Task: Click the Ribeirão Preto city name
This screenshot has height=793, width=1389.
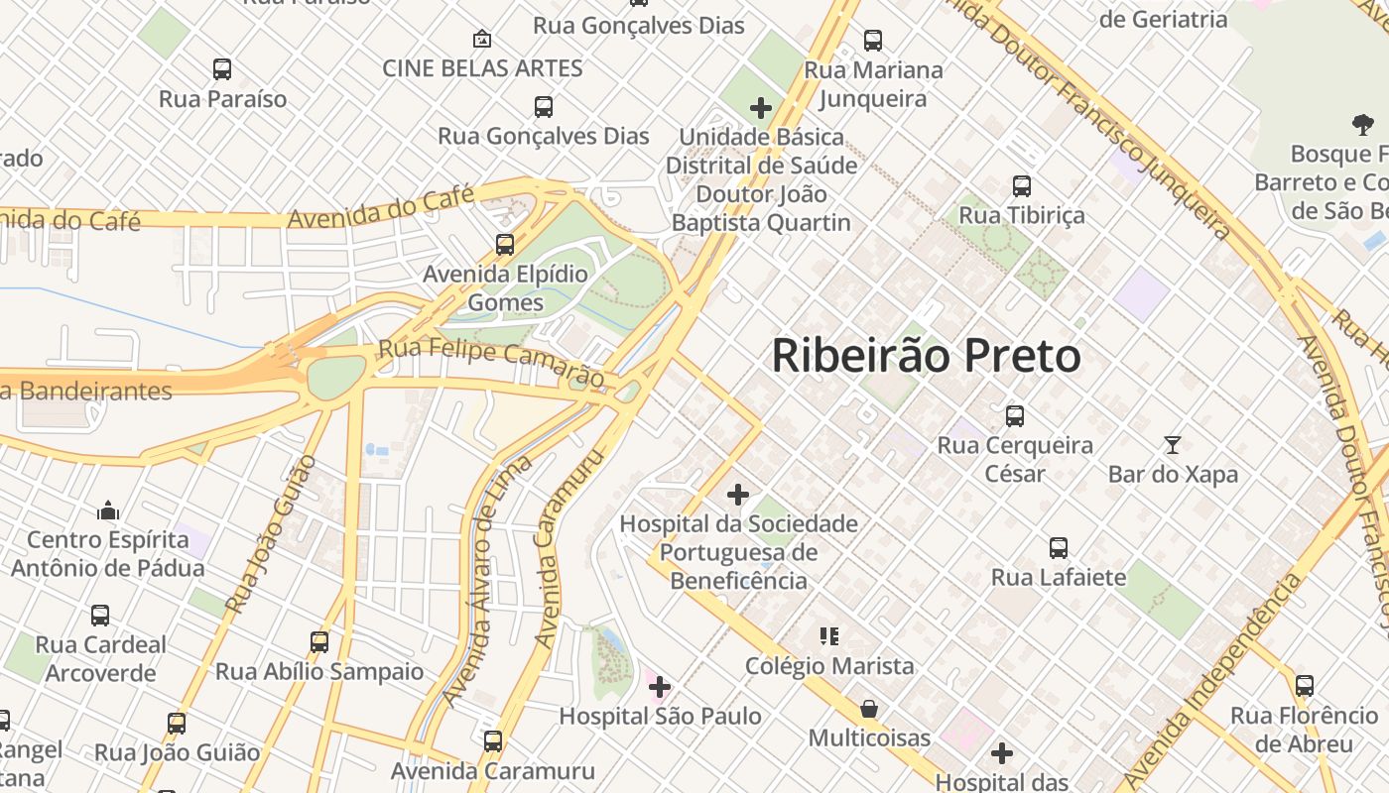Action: coord(926,356)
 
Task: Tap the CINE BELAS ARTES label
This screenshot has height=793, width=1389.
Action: coord(482,68)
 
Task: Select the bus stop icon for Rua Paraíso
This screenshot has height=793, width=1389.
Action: coord(222,69)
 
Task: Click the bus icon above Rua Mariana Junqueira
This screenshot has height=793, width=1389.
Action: coord(873,41)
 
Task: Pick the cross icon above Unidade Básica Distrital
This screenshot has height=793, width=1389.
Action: coord(761,107)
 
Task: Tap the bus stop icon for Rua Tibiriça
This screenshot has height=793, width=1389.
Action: coord(1022,185)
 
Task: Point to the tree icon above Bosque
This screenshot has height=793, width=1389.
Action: coord(1363,125)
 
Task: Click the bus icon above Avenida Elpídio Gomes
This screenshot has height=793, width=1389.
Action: coord(505,244)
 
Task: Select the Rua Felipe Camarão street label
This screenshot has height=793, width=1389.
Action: coord(491,363)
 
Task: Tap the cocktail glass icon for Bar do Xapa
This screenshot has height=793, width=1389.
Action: coord(1173,445)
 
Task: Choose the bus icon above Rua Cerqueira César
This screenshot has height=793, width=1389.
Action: coord(1015,416)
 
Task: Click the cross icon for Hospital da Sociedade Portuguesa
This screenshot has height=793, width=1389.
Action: coord(738,494)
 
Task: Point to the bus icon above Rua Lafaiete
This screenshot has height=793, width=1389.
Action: coord(1059,548)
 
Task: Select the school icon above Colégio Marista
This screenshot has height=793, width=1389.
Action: coord(829,636)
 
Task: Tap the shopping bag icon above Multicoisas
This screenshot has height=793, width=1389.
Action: coord(869,709)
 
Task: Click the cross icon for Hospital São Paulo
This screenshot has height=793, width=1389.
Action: coord(660,686)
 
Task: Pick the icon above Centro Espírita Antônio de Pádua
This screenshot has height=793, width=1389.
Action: coord(108,510)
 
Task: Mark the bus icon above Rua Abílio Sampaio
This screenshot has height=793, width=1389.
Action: coord(319,641)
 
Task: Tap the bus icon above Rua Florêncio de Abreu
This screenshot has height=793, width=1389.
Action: coord(1305,686)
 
